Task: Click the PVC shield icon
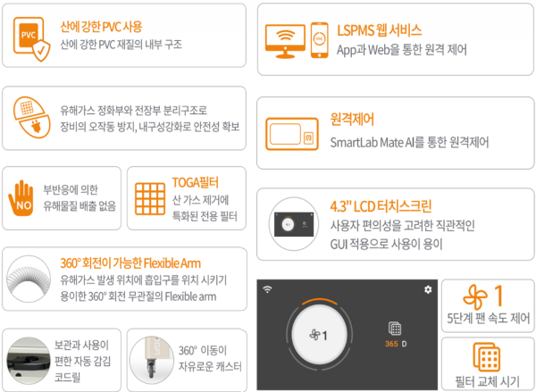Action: [x=31, y=39]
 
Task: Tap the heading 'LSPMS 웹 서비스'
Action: [x=379, y=30]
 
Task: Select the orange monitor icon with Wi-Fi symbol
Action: [x=285, y=41]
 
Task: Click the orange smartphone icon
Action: [x=319, y=40]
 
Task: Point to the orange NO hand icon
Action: [x=21, y=198]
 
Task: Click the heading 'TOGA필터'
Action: [x=195, y=182]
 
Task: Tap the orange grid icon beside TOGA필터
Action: [x=150, y=199]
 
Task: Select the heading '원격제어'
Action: [x=352, y=120]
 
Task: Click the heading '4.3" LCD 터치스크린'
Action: [x=381, y=206]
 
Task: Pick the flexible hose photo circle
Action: [x=29, y=279]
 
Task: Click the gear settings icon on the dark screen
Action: [x=428, y=289]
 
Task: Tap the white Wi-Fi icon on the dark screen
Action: [x=267, y=289]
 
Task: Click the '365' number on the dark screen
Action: [x=391, y=344]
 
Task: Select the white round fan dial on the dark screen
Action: [x=319, y=335]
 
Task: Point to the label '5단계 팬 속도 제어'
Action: [x=488, y=318]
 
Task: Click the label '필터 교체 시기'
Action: [x=487, y=381]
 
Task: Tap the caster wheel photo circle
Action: [x=152, y=360]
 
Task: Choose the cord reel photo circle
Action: [x=29, y=360]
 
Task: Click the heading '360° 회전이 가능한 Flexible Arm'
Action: [x=130, y=263]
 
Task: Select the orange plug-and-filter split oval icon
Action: [x=32, y=118]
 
